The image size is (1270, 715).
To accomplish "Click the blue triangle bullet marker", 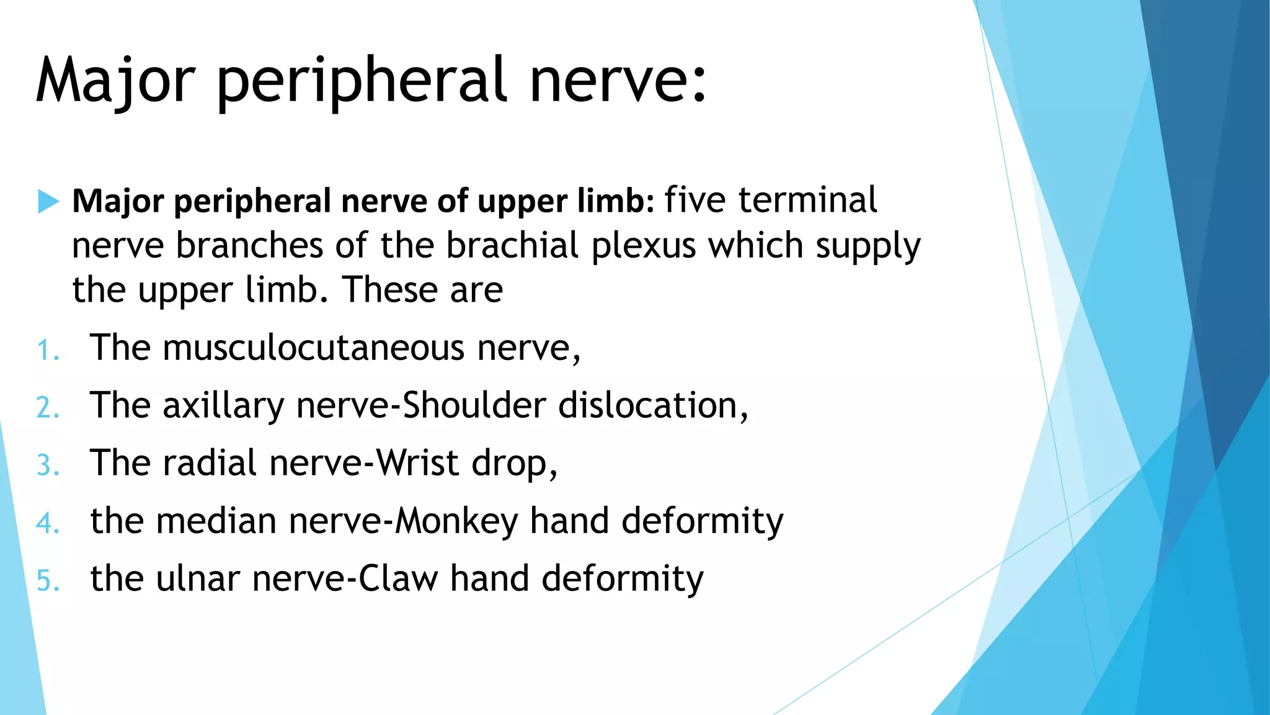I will click(x=48, y=201).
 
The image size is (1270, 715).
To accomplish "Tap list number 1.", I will click(x=47, y=350).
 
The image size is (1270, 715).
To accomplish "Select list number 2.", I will click(x=48, y=408).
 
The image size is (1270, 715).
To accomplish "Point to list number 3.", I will click(x=48, y=465).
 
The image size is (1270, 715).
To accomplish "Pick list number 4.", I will click(x=48, y=523).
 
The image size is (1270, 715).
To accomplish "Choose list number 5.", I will click(x=48, y=581).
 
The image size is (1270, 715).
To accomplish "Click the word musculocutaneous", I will click(x=313, y=348).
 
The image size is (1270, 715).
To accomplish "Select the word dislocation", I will click(x=647, y=405).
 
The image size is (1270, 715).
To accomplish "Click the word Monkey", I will click(x=456, y=521).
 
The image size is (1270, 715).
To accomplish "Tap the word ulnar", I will click(x=197, y=578).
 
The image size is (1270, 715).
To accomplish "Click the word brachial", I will click(x=512, y=246).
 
